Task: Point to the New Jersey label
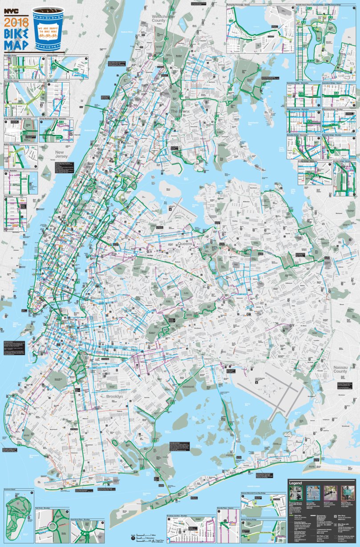coord(61,155)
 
